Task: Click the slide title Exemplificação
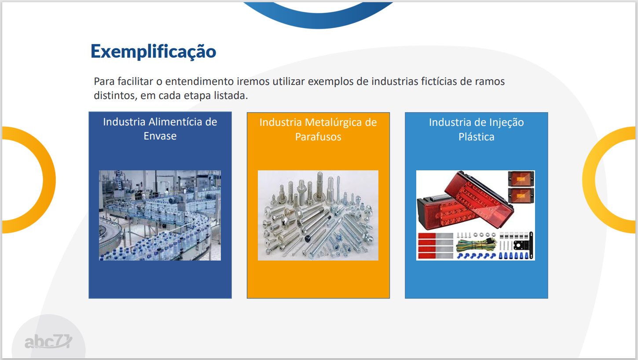(153, 52)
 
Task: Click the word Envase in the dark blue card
(160, 136)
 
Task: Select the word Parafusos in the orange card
(318, 137)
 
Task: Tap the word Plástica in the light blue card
(476, 137)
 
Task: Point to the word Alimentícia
(175, 122)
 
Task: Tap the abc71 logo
(48, 341)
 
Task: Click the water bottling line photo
(160, 215)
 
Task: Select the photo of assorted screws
(318, 215)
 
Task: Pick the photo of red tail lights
(475, 215)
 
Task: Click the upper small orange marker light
(521, 179)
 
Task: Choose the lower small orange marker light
(521, 195)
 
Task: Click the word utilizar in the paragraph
(289, 81)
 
